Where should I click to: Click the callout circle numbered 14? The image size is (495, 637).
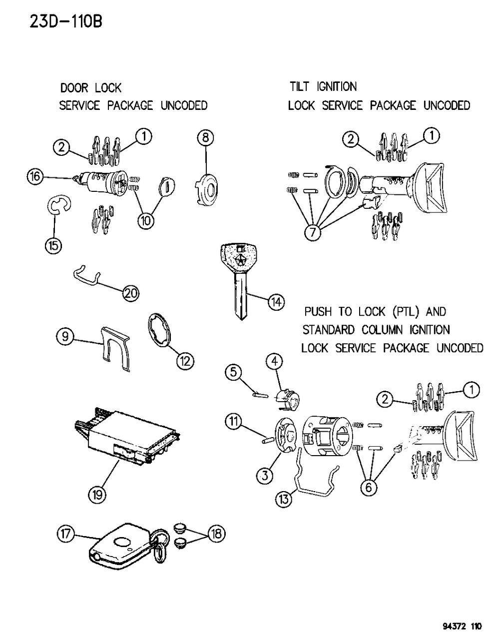pos(276,301)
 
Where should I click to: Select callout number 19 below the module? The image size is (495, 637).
pos(97,495)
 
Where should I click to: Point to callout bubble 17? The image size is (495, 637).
pos(65,535)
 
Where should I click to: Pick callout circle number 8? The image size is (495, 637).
pos(205,137)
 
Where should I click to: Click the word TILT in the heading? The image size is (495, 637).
pos(300,87)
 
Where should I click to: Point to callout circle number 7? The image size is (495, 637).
pos(313,233)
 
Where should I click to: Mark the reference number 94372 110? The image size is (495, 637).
pos(462,626)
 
